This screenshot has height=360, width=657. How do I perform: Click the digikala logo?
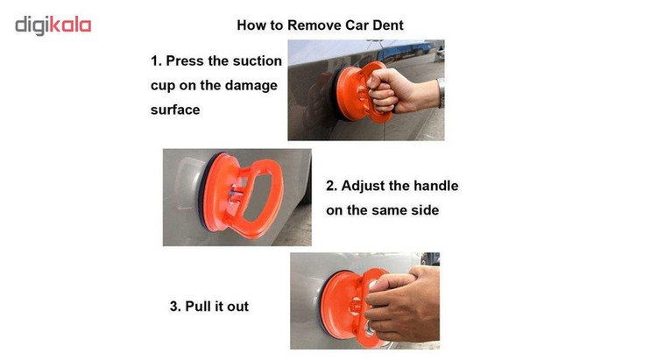click(x=53, y=25)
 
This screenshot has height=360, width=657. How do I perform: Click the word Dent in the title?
click(x=387, y=25)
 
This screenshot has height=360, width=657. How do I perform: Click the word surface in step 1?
click(x=175, y=109)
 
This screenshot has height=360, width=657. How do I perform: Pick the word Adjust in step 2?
click(x=363, y=186)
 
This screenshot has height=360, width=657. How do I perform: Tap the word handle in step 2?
click(x=436, y=186)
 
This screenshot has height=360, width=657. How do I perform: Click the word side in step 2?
click(x=425, y=210)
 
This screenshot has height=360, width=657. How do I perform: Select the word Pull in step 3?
click(x=198, y=307)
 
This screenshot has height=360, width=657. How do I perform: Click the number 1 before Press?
click(x=155, y=61)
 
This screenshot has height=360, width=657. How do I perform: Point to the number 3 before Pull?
click(x=174, y=307)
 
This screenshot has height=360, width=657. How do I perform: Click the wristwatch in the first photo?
click(x=441, y=93)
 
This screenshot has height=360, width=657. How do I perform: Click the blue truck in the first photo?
click(x=406, y=51)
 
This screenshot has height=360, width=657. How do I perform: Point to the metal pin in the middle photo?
click(x=235, y=194)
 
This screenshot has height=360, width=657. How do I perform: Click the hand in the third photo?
click(x=403, y=304)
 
